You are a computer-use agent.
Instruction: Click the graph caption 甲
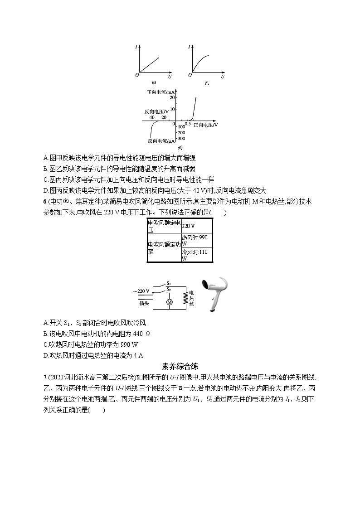tap(154, 83)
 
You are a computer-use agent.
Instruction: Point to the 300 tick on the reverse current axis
tap(181, 138)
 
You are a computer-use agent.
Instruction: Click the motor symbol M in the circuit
tap(170, 301)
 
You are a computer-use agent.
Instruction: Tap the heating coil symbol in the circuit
tap(185, 298)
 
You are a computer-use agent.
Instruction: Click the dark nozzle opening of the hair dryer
tap(204, 284)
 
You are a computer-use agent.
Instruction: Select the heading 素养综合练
tap(180, 366)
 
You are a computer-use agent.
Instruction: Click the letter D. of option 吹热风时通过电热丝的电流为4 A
tap(46, 355)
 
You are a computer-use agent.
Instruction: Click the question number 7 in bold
tap(44, 377)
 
